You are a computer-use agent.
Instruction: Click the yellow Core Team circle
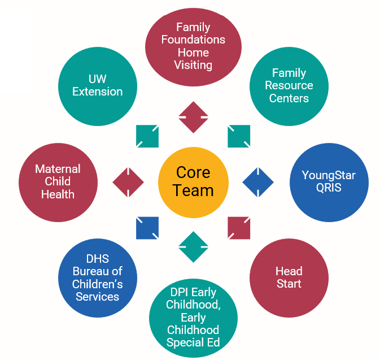[x=193, y=182]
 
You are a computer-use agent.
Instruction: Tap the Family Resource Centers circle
[x=289, y=86]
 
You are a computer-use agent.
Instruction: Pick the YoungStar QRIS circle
[x=329, y=182]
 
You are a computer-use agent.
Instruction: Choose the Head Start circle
[x=289, y=277]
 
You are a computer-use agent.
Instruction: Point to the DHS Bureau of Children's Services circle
[x=98, y=278]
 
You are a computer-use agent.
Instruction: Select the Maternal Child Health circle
[x=58, y=182]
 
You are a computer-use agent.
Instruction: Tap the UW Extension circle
[x=98, y=86]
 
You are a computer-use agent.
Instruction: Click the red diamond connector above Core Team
[x=194, y=117]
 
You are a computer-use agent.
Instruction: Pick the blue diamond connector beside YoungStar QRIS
[x=258, y=182]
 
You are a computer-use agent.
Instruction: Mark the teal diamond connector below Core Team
[x=194, y=247]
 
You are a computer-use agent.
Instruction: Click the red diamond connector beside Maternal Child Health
[x=128, y=182]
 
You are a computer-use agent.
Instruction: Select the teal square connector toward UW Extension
[x=147, y=136]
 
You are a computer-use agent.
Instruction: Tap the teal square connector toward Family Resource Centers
[x=239, y=136]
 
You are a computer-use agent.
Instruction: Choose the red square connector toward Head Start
[x=239, y=228]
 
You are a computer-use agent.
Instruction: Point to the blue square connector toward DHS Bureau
[x=147, y=228]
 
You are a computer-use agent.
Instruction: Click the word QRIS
[x=329, y=188]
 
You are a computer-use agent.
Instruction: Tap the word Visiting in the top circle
[x=193, y=65]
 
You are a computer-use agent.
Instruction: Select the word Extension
[x=98, y=92]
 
